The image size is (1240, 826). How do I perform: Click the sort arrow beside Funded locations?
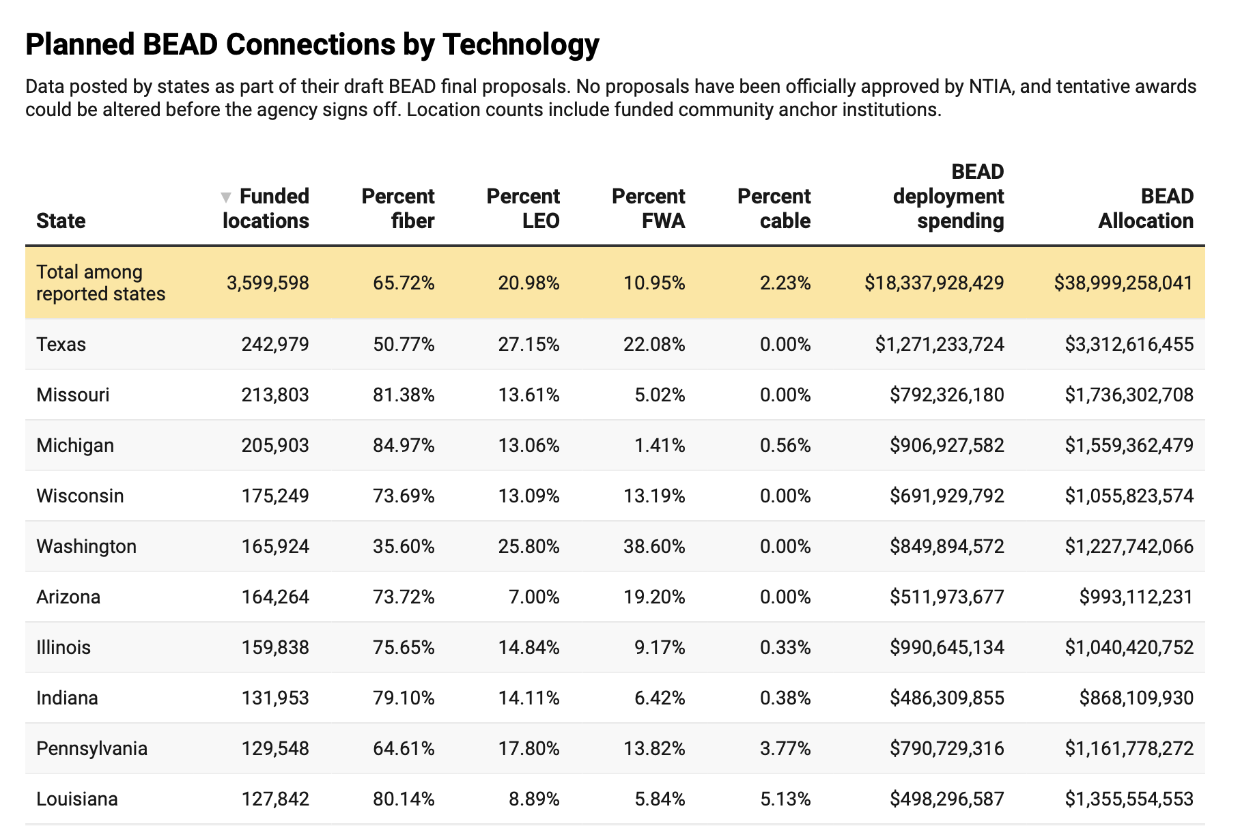coord(226,197)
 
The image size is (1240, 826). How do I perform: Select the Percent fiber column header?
coord(398,208)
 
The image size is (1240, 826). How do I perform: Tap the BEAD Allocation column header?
coord(1146,208)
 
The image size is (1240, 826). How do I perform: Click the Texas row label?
coord(61,344)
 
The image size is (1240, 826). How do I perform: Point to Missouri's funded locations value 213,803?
coord(275,395)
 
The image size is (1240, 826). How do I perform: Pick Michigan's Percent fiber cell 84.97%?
coord(404,445)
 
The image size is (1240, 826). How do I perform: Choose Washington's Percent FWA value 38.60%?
coord(654,546)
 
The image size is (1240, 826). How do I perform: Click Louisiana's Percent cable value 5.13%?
coord(785,799)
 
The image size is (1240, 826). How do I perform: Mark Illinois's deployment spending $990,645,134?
coord(946,647)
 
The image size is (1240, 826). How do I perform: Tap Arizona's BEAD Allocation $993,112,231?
coord(1136,597)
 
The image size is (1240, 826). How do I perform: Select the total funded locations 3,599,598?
coord(268,283)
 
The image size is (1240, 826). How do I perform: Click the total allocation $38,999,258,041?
coord(1123,283)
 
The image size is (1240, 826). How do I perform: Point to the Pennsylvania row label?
coord(91,748)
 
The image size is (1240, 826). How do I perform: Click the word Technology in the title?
coord(521,44)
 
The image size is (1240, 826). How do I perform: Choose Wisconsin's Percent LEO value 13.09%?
coord(529,496)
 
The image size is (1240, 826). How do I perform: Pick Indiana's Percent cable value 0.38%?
coord(785,698)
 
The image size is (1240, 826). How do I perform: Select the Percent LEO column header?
coord(523,208)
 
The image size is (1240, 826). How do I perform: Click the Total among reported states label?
coord(100,283)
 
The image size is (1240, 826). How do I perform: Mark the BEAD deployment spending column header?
coord(948,196)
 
